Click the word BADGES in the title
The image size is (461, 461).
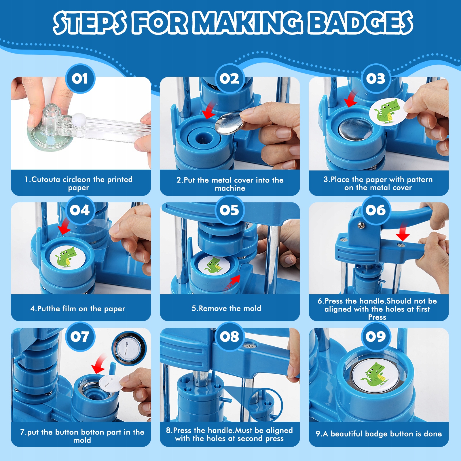point(360,23)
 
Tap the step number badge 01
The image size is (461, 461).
point(80,79)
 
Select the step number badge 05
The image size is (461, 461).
point(229,210)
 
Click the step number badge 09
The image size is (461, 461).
point(376,336)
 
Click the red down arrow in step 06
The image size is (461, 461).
point(403,232)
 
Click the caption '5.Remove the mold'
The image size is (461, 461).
point(226,308)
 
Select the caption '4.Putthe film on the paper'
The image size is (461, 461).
point(78,309)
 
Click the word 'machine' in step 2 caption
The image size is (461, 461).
point(230,188)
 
